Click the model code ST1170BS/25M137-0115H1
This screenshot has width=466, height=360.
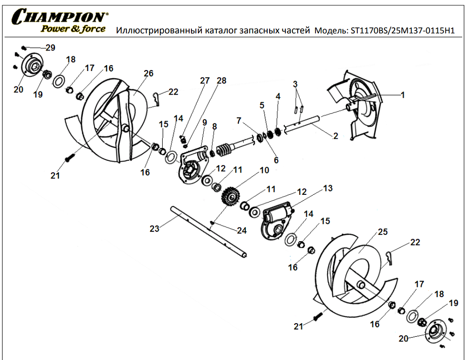coord(402,31)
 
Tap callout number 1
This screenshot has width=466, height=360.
coord(402,95)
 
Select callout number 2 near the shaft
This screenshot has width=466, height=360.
coord(336,135)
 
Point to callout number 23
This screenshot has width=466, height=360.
coord(155,228)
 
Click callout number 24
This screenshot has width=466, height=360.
coord(241,231)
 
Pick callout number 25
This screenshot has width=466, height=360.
coord(382,232)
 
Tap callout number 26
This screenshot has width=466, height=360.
coord(148,73)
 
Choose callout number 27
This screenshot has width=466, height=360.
coord(205,81)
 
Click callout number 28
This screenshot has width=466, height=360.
coord(221,81)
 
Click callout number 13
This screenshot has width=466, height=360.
coord(327,188)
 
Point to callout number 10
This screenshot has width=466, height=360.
coord(264,170)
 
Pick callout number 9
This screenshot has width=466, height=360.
coord(205,122)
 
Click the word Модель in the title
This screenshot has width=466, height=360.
coord(331,31)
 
